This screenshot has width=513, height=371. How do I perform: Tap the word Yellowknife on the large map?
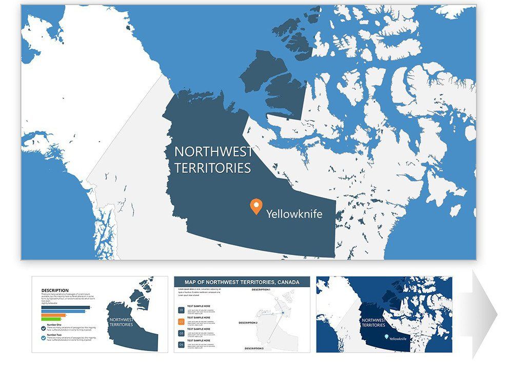pyautogui.click(x=294, y=214)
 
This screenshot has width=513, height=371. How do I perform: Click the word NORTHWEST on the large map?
pyautogui.click(x=213, y=152)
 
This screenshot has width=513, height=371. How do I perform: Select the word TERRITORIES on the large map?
pyautogui.click(x=212, y=168)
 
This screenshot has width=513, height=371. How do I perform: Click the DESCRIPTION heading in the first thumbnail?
pyautogui.click(x=55, y=290)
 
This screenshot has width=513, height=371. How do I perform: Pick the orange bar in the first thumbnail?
pyautogui.click(x=53, y=315)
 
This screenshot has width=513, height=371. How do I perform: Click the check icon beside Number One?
pyautogui.click(x=44, y=327)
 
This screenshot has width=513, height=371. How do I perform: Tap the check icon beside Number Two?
pyautogui.click(x=44, y=338)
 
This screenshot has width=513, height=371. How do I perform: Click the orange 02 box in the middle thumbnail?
pyautogui.click(x=181, y=322)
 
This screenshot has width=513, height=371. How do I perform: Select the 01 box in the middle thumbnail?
pyautogui.click(x=181, y=310)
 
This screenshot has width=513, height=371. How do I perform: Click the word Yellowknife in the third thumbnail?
pyautogui.click(x=399, y=339)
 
